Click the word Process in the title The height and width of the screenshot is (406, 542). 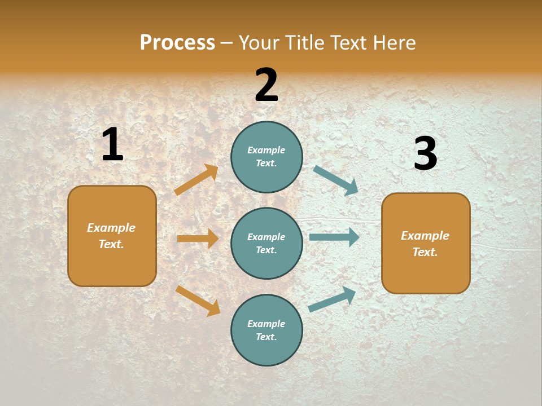(x=177, y=43)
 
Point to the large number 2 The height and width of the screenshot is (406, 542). (x=266, y=85)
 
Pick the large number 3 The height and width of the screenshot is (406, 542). (x=425, y=153)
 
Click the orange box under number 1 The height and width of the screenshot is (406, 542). (x=112, y=236)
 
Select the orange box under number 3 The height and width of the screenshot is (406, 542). (x=426, y=244)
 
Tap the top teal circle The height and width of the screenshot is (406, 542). (x=266, y=157)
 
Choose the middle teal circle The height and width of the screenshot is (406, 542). (x=266, y=243)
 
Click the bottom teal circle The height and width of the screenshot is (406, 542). (x=266, y=330)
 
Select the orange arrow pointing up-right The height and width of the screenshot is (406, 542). (x=196, y=180)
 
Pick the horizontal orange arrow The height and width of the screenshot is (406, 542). (x=198, y=239)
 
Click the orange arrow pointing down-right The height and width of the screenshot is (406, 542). (x=198, y=301)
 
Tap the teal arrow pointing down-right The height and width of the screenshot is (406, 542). (x=336, y=180)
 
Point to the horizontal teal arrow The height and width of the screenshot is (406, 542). (x=334, y=237)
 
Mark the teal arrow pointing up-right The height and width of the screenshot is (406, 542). (x=332, y=299)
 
